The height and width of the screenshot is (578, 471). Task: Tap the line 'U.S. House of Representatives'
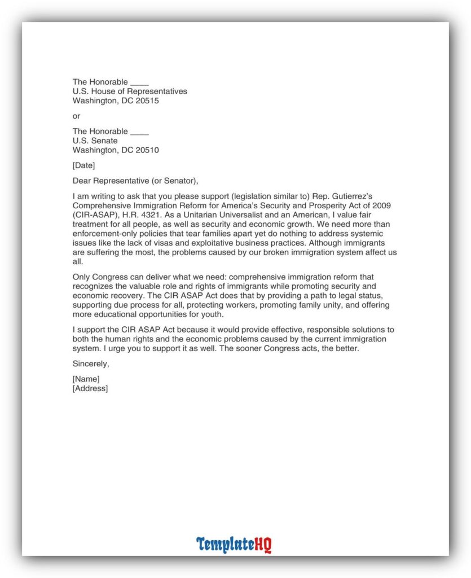[130, 91]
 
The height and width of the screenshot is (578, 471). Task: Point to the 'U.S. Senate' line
[95, 141]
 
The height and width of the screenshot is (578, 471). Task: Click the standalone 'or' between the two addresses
[77, 116]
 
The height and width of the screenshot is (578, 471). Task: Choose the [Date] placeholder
[84, 165]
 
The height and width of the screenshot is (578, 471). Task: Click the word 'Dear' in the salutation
[82, 181]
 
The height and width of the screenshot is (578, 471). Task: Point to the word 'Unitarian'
[217, 215]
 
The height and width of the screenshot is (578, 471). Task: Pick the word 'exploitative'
[214, 243]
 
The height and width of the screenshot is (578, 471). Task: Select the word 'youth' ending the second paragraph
[212, 315]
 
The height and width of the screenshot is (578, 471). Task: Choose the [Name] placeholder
[86, 379]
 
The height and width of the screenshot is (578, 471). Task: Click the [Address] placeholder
[90, 388]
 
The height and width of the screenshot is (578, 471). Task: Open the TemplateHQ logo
[234, 545]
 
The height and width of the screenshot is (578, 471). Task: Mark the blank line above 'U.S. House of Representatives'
[139, 82]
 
